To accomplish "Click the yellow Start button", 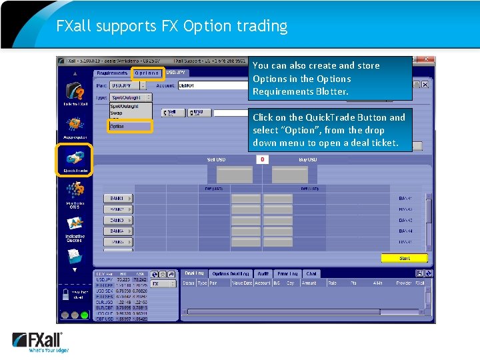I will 404,258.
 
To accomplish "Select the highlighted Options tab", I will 147,73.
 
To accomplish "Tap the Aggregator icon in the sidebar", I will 75,125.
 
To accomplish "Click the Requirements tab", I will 112,73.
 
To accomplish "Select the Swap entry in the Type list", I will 117,113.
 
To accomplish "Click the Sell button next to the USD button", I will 172,113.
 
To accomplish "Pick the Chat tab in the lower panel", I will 311,273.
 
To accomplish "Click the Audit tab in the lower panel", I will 263,273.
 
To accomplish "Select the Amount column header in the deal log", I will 309,283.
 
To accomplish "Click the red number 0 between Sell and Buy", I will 263,159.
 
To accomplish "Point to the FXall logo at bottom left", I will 38,342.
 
